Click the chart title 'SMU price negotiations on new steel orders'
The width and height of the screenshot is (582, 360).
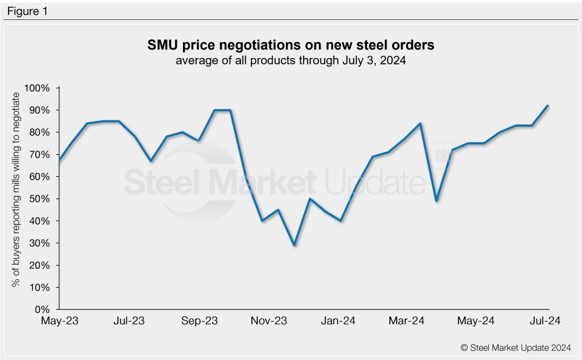290,45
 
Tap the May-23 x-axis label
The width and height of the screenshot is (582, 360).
60,321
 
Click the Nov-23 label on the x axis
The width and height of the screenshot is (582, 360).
269,321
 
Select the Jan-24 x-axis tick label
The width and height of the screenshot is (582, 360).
339,321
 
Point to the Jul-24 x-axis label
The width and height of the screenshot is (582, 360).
546,321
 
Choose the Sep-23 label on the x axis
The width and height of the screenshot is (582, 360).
199,321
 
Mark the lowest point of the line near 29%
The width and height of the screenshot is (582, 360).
294,245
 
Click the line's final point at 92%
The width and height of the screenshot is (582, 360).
547,105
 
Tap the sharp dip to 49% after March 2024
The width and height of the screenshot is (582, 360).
436,201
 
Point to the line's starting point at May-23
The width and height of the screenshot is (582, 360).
60,160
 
